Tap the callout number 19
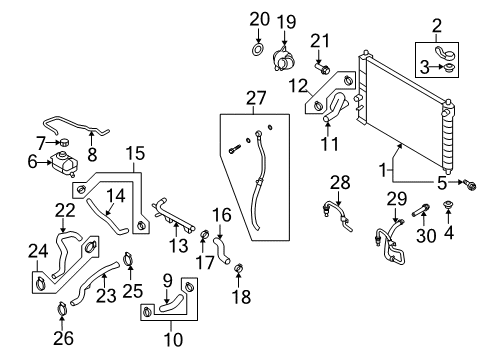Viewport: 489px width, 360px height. (x=286, y=21)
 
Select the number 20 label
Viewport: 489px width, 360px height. (x=259, y=18)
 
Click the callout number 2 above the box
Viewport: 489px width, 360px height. (x=435, y=25)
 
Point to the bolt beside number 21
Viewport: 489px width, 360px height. (x=324, y=68)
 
